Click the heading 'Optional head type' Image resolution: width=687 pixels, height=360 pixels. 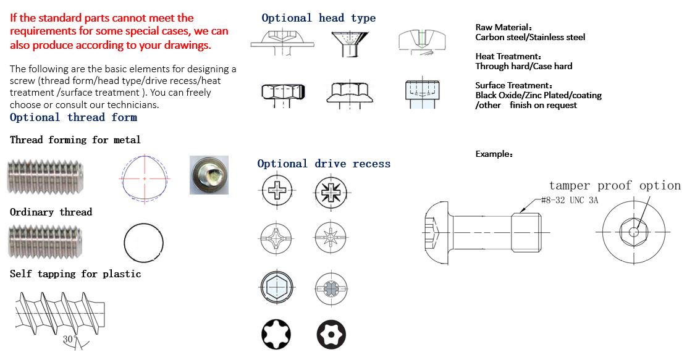point(319,18)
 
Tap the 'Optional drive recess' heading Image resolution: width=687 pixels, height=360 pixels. point(324,164)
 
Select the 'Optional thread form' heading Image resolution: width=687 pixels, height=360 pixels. point(74,117)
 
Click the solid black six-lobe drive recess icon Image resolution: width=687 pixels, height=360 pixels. point(276,334)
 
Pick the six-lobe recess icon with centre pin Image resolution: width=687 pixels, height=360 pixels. point(331,335)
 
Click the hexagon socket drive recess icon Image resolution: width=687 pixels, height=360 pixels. point(276,287)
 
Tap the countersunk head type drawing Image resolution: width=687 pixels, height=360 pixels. point(349,44)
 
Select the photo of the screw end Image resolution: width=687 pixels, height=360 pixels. point(209,175)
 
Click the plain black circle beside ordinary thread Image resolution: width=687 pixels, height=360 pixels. point(143,242)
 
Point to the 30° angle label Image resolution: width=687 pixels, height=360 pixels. point(69,339)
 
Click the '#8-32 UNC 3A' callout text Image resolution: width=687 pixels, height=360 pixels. point(570,200)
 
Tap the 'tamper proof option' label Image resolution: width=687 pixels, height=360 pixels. point(615,186)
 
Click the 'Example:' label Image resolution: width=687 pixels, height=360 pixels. point(494,154)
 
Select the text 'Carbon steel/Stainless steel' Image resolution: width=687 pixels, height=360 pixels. point(530,37)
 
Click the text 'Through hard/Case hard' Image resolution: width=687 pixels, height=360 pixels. point(523,66)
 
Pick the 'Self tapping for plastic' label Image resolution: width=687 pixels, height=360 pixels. point(75,274)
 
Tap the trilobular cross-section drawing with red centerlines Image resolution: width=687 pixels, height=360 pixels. point(145,178)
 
